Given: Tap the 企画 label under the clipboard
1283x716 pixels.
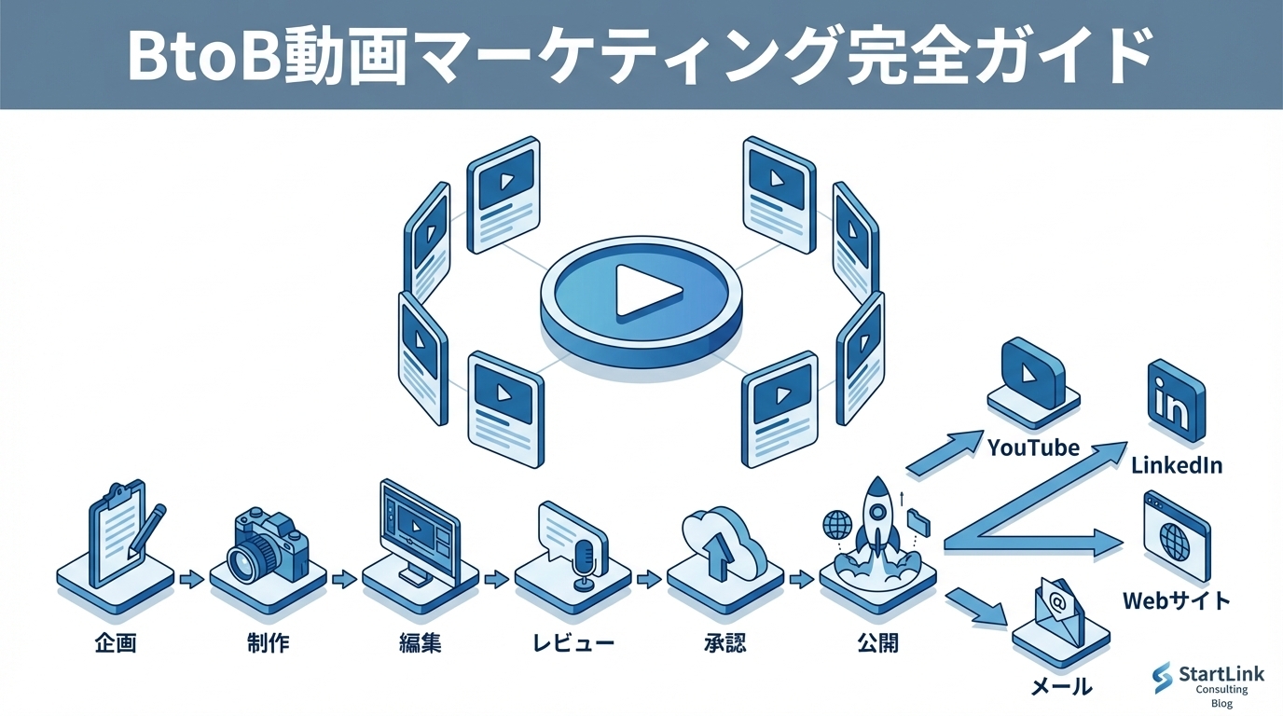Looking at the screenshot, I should [x=116, y=643].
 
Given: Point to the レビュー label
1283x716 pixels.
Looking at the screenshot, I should [x=573, y=643].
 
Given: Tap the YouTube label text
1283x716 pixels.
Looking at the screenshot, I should [x=1033, y=447].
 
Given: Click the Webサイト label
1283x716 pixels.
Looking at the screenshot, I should [x=1177, y=599].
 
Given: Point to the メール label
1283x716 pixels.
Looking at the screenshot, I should [x=1061, y=687].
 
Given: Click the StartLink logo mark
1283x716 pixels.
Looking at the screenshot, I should [x=1162, y=677].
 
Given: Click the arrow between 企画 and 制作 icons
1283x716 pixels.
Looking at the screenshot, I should [x=191, y=579].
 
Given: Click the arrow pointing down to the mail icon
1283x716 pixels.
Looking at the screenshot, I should [x=977, y=607].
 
